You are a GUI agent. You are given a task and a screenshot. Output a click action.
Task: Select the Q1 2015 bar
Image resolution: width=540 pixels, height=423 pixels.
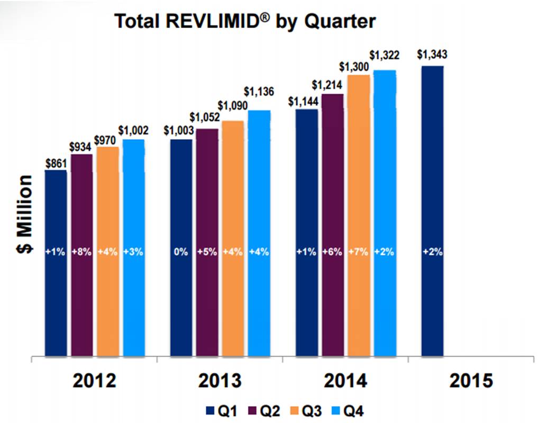pos(432,212)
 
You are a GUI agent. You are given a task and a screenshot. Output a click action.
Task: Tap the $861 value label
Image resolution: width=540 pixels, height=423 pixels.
pos(56,163)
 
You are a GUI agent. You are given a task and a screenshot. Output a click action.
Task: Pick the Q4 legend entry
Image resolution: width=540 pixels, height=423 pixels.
pos(350,410)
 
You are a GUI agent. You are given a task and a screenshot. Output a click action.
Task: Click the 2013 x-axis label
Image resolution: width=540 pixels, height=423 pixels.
pos(220,381)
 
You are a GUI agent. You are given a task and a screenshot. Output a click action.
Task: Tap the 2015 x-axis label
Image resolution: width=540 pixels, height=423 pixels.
pos(471,381)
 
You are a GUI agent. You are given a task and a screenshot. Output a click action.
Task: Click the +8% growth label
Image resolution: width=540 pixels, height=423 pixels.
pos(81,252)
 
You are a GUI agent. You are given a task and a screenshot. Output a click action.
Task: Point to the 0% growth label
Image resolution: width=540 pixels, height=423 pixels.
pos(181,252)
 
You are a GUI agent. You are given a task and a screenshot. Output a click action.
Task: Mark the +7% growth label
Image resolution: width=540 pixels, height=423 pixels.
pos(359,252)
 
